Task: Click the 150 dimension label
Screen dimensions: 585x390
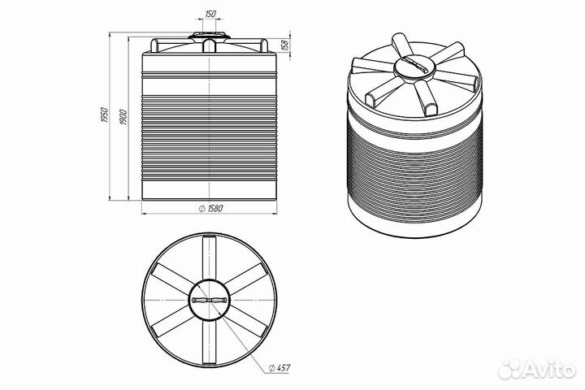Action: pos(210,14)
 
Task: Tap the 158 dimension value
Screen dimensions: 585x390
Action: pos(285,45)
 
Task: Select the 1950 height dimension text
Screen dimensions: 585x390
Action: pos(104,115)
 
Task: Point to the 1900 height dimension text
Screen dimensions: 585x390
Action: pos(123,117)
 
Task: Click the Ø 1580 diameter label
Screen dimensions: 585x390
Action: pos(210,208)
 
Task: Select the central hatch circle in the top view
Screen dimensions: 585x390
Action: pos(189,300)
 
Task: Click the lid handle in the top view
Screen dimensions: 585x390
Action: pos(210,300)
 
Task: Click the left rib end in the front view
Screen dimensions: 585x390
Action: pos(155,45)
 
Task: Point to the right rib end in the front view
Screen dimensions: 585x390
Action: pos(264,45)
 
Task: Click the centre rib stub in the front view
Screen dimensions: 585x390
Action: pos(210,45)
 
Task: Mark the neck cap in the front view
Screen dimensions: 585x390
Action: pos(210,36)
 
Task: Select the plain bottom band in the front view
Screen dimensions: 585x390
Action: pos(210,190)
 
